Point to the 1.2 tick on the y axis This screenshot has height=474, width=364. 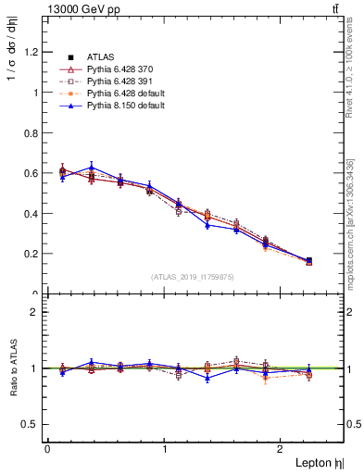[x=32, y=52]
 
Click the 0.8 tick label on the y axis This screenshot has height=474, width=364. [x=32, y=132]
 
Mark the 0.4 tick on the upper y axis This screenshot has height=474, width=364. [x=32, y=213]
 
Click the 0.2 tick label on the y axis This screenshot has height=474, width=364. [x=32, y=254]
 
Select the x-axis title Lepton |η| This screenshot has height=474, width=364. [x=318, y=462]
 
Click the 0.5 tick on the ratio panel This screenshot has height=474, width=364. [x=32, y=424]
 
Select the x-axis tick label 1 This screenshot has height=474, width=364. [x=165, y=449]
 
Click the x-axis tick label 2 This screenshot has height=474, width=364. [x=282, y=449]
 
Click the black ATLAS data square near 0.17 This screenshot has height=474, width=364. [x=308, y=261]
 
